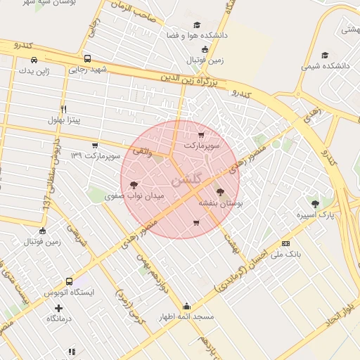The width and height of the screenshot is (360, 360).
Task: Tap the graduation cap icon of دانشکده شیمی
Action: click(x=325, y=55)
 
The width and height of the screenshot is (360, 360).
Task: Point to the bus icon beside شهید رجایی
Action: click(x=87, y=59)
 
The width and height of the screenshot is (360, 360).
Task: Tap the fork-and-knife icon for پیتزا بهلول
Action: click(x=64, y=109)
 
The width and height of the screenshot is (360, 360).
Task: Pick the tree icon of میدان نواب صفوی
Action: click(x=134, y=185)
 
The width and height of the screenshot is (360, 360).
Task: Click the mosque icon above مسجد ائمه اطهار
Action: click(x=186, y=306)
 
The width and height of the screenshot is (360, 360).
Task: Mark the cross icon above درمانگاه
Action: click(x=58, y=308)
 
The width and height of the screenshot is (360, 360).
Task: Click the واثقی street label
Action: click(x=141, y=150)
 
